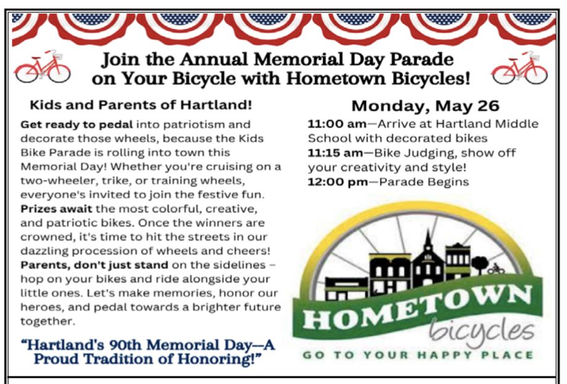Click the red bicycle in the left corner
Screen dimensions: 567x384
click(x=43, y=67)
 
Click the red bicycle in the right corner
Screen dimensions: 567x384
click(x=520, y=68)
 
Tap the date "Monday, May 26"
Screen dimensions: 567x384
click(x=425, y=106)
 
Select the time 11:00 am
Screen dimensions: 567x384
click(x=337, y=124)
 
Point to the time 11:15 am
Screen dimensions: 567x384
click(x=335, y=153)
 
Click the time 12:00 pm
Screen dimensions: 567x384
click(x=338, y=182)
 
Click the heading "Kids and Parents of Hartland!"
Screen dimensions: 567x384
click(x=141, y=105)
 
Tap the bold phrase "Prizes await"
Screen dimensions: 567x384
click(x=57, y=209)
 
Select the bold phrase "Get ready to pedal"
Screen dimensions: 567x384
click(x=76, y=125)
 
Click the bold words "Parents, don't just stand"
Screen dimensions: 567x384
click(x=94, y=265)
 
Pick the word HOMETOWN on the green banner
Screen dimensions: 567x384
click(x=417, y=307)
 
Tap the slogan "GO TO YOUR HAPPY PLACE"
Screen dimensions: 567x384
click(x=418, y=355)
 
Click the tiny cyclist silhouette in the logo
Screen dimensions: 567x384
click(x=496, y=269)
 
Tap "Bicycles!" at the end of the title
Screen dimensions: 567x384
click(x=431, y=78)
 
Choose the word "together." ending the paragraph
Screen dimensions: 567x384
click(x=47, y=321)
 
